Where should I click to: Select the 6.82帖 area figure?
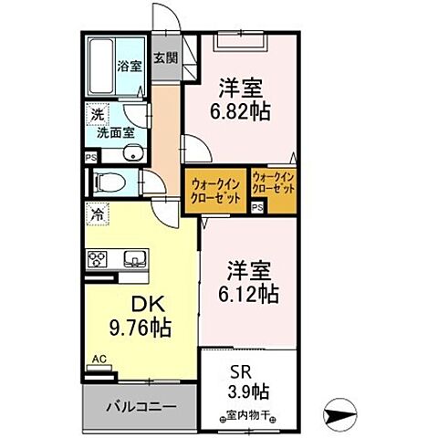(241, 111)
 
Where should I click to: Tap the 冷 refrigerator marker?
(96, 216)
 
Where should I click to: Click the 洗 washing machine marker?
(95, 116)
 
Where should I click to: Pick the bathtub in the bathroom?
(100, 66)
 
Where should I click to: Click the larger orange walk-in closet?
(214, 191)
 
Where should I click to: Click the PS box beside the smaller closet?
(257, 207)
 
